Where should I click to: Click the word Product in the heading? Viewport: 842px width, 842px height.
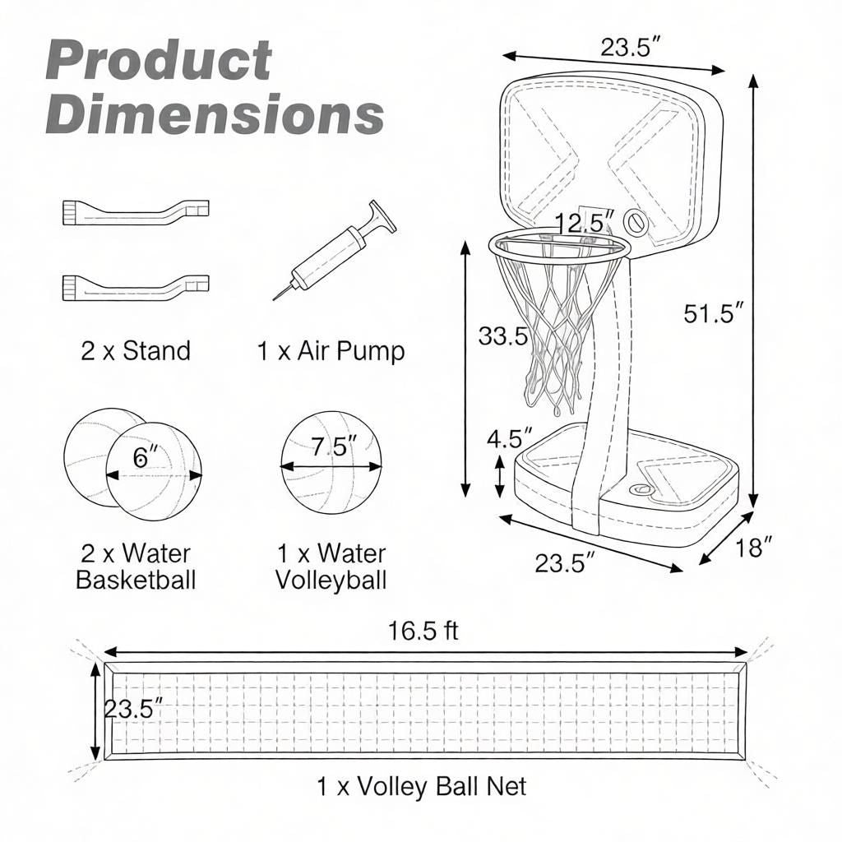(x=159, y=60)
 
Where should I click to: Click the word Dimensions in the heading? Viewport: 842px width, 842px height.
(x=215, y=113)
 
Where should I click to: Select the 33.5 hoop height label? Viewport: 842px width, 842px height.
(x=504, y=336)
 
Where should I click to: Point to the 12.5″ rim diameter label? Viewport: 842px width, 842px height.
(x=585, y=222)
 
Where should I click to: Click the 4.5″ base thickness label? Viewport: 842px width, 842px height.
(x=510, y=438)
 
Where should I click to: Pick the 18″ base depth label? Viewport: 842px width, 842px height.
(x=753, y=548)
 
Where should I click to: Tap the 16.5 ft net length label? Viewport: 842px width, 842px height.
(x=423, y=631)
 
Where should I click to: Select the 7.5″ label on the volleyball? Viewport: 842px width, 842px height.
(x=334, y=446)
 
